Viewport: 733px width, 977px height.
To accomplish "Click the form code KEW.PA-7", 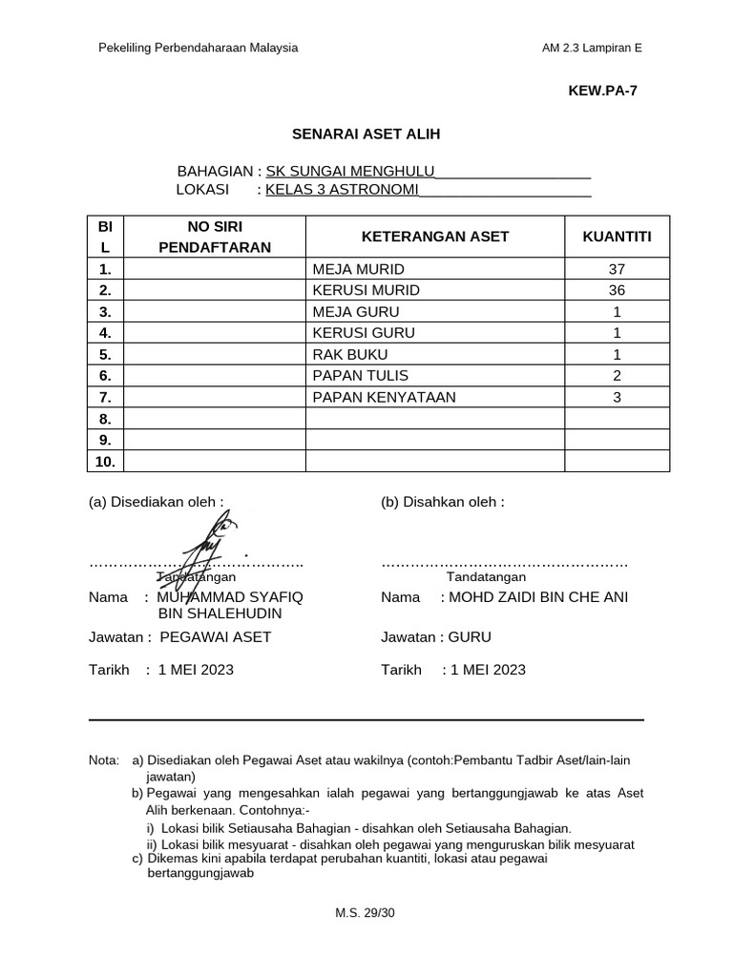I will [x=602, y=92].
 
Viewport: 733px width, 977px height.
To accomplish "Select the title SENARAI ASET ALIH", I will [x=366, y=135].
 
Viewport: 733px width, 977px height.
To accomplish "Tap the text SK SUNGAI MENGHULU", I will [x=350, y=171].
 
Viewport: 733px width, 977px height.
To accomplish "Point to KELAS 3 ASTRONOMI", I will [x=343, y=190].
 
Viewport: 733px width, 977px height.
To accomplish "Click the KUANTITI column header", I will [x=617, y=237].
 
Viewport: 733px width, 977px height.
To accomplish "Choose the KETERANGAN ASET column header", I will [x=434, y=237].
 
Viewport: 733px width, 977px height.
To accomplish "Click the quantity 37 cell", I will [x=617, y=269].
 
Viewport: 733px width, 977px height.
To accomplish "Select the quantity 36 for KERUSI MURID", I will [x=617, y=290].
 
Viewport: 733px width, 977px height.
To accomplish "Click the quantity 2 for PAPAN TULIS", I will [x=617, y=375].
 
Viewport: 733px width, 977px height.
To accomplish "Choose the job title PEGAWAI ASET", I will [x=216, y=637].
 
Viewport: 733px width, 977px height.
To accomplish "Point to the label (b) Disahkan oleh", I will [x=442, y=502].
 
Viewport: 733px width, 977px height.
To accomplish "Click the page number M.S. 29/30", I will [x=365, y=913].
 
